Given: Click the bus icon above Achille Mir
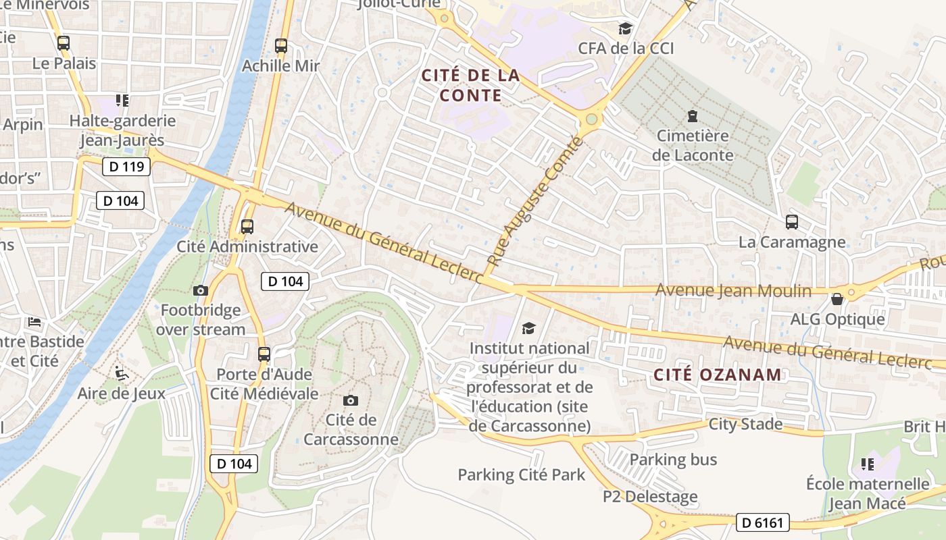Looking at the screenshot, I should click(281, 46).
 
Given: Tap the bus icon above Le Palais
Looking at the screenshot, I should click(64, 43).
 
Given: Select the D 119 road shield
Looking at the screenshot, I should click(126, 166).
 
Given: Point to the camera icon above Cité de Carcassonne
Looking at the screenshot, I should click(350, 400).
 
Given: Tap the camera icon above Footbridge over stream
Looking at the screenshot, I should click(201, 290).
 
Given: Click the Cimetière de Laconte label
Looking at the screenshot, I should click(693, 145).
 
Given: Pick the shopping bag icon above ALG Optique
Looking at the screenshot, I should click(837, 299).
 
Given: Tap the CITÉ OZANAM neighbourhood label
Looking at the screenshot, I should click(718, 375).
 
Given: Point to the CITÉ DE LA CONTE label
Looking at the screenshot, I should click(471, 85).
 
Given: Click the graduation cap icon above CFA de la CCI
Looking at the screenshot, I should click(626, 28).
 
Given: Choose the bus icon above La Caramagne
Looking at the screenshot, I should click(791, 221).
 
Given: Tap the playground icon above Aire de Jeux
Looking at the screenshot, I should click(122, 373).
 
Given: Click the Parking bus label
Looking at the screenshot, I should click(673, 460).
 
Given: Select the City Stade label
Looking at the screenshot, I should click(745, 425).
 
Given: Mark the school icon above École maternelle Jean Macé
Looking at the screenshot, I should click(868, 464).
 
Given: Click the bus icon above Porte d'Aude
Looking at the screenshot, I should click(264, 354).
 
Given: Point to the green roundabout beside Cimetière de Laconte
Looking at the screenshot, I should click(592, 119).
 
